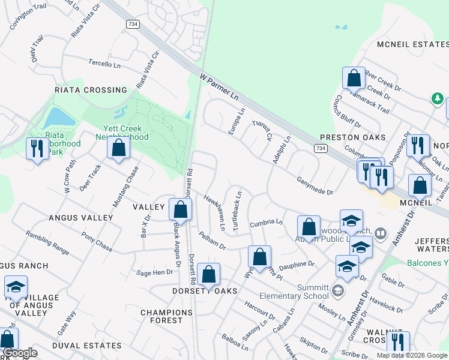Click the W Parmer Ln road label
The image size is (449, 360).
click(x=219, y=88)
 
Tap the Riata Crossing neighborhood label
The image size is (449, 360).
click(x=91, y=90)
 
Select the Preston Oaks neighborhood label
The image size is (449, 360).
click(x=352, y=137)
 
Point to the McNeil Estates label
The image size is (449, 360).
click(x=412, y=44)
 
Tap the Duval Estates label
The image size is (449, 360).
click(x=87, y=346)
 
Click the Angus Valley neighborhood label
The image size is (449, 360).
click(x=81, y=217)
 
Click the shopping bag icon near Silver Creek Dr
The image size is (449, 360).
click(x=354, y=79)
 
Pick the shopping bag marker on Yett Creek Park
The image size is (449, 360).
click(x=119, y=148)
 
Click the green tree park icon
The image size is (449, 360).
click(x=438, y=98)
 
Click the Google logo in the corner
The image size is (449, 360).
click(x=20, y=353)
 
